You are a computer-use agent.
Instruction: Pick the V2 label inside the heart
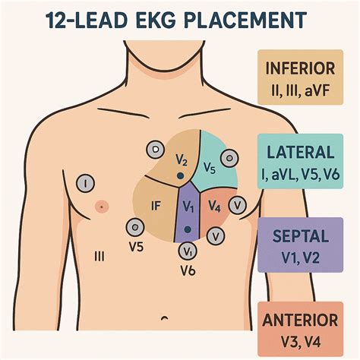[181, 161]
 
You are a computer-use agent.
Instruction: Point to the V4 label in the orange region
[214, 205]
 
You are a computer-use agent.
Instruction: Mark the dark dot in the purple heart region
[187, 224]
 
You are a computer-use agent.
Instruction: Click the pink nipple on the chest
[99, 206]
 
